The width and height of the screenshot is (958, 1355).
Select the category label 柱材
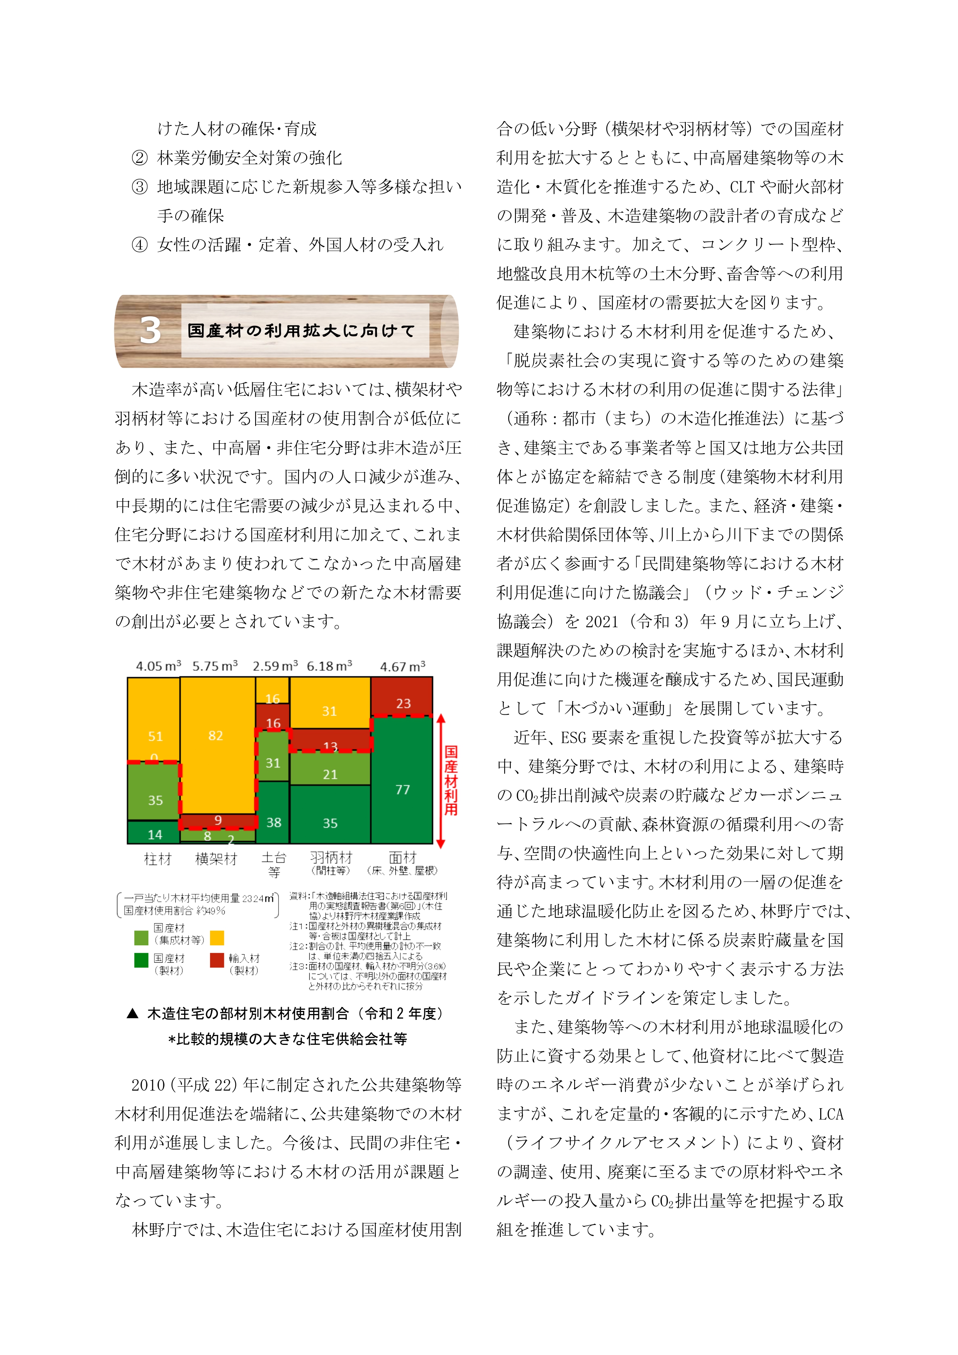[158, 859]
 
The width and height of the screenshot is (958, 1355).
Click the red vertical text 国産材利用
[451, 780]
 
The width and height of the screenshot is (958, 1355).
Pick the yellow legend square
[217, 938]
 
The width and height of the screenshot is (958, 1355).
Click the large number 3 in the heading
[151, 331]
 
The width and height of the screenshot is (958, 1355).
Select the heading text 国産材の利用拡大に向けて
[302, 331]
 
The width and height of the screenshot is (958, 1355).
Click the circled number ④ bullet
[139, 244]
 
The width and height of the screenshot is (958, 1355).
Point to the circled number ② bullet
[139, 158]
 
